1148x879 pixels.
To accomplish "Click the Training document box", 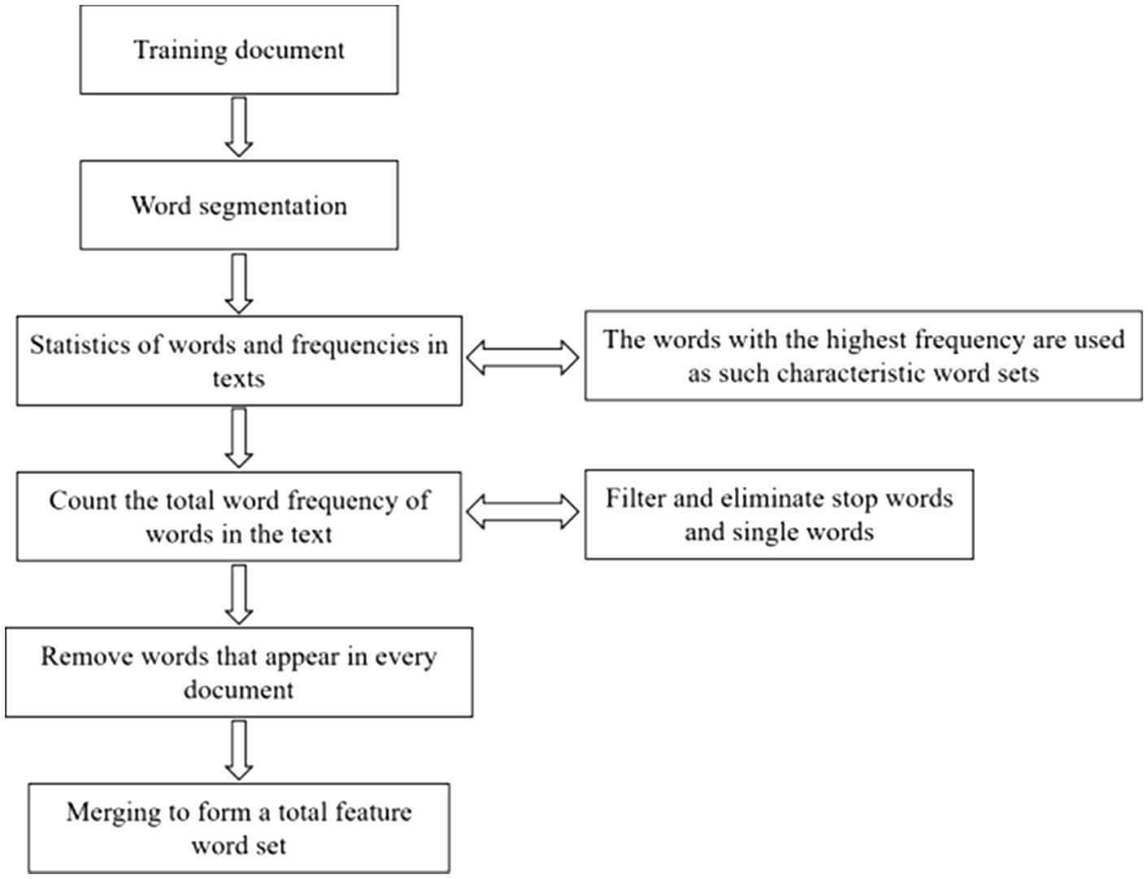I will point(238,50).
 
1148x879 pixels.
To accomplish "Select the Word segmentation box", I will point(238,205).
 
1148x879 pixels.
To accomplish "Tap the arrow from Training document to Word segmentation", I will point(238,126).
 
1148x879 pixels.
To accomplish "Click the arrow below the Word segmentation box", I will point(238,282).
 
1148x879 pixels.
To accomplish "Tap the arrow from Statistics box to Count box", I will point(238,437).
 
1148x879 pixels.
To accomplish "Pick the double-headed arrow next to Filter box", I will point(523,513).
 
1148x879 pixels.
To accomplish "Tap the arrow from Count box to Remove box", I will point(238,594).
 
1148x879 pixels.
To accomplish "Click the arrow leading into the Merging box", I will point(238,750).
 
